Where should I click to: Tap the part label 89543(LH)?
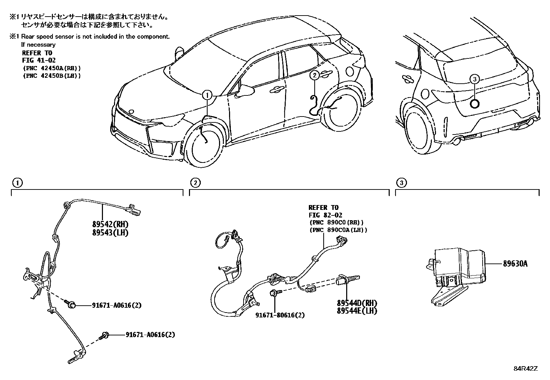point(110,233)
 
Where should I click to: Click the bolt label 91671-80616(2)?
point(280,315)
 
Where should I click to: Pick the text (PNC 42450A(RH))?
point(51,68)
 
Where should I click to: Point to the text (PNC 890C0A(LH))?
point(339,230)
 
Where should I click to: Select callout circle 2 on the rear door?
point(314,75)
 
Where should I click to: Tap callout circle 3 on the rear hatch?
point(475,79)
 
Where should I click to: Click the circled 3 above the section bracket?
point(401,183)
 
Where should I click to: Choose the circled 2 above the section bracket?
point(195,183)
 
